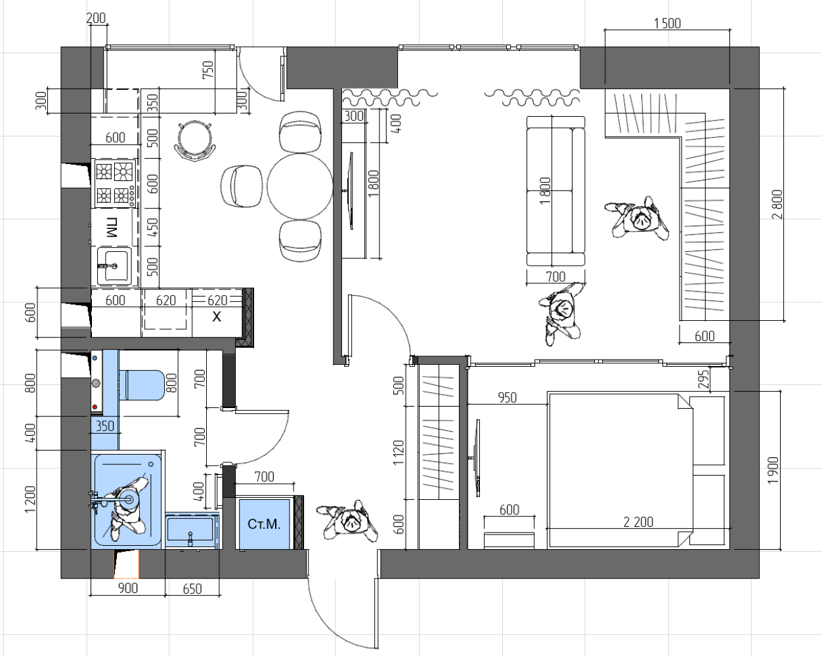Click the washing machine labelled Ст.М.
(x=264, y=524)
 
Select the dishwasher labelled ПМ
(x=112, y=228)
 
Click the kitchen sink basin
(x=114, y=266)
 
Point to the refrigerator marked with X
(x=217, y=314)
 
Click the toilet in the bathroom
(x=141, y=385)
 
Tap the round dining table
(x=300, y=186)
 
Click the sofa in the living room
(x=555, y=191)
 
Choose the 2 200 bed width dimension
(x=638, y=522)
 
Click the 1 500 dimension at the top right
(x=667, y=24)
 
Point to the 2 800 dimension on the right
(x=777, y=204)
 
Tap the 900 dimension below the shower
(x=128, y=588)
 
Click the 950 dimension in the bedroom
(x=508, y=398)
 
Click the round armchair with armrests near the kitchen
(x=195, y=140)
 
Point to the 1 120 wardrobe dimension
(x=398, y=453)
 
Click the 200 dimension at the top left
(x=96, y=18)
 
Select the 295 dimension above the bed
(x=703, y=379)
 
